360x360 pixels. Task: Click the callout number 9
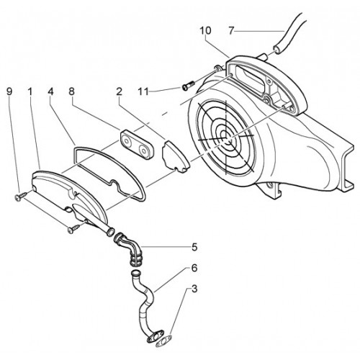pyautogui.click(x=9, y=91)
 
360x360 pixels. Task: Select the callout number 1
pyautogui.click(x=30, y=91)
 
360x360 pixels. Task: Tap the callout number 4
pyautogui.click(x=50, y=91)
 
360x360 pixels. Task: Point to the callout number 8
pyautogui.click(x=71, y=91)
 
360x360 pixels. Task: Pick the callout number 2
pyautogui.click(x=120, y=91)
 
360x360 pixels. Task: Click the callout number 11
pyautogui.click(x=143, y=91)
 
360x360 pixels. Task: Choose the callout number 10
pyautogui.click(x=206, y=30)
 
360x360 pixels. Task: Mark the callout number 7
pyautogui.click(x=231, y=31)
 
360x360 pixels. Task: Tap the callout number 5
pyautogui.click(x=194, y=247)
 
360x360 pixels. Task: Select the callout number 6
pyautogui.click(x=194, y=268)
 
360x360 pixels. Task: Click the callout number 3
pyautogui.click(x=194, y=289)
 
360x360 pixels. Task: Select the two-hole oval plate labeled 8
pyautogui.click(x=138, y=144)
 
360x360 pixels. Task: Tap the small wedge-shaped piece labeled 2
pyautogui.click(x=176, y=156)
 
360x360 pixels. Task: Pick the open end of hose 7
pyautogui.click(x=277, y=50)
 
